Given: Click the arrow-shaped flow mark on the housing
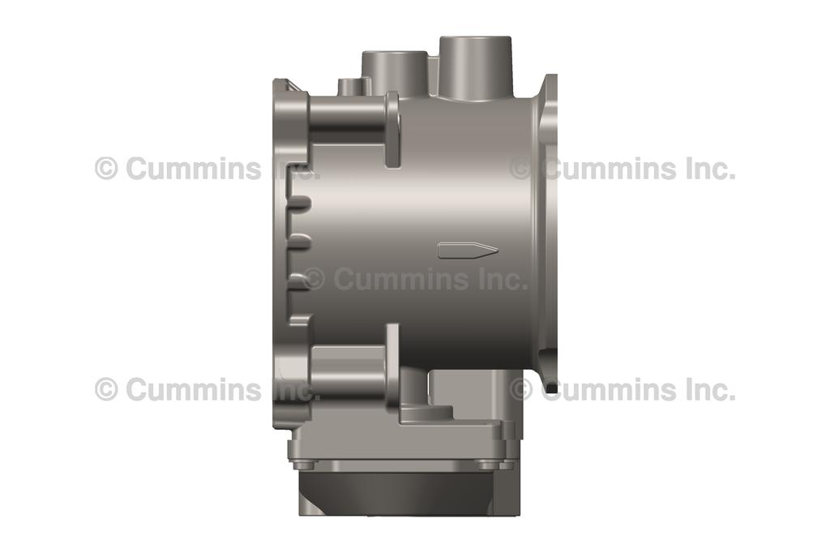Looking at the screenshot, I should (467, 250).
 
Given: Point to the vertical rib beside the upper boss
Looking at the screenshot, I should (393, 130).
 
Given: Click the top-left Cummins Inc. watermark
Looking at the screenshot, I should (207, 169).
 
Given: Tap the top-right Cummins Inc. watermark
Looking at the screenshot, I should (622, 169).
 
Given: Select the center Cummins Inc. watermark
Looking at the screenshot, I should (415, 279).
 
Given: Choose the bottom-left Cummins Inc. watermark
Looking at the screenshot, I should (207, 389).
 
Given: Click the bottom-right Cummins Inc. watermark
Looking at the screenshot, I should (622, 389).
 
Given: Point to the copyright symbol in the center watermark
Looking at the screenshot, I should (314, 280).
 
